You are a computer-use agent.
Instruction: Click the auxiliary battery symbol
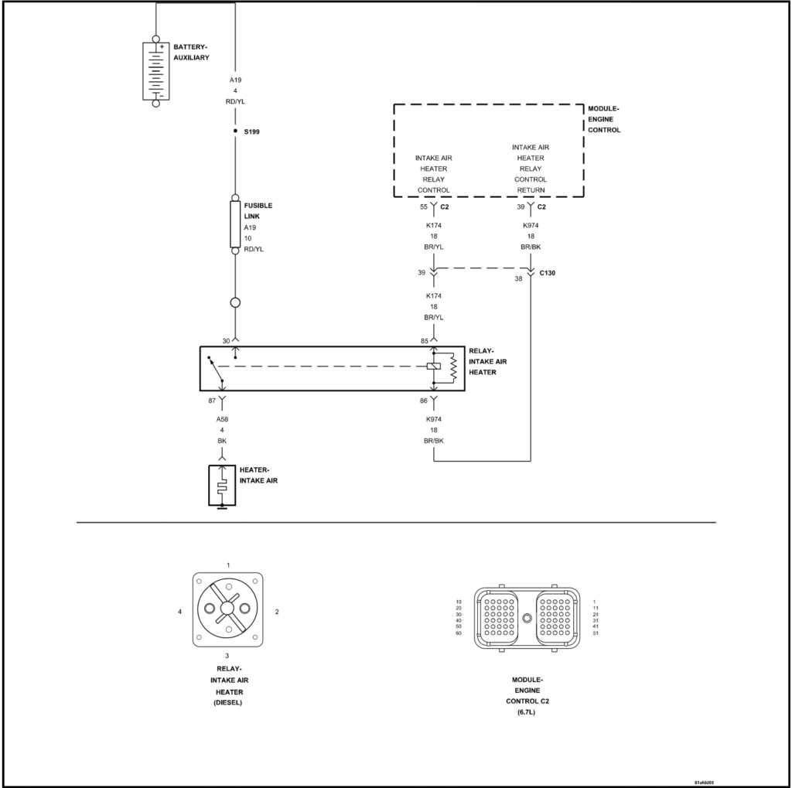pos(155,71)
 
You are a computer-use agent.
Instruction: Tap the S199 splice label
pos(251,132)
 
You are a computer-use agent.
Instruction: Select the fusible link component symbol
pos(234,224)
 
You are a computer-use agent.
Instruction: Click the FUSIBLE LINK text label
pos(258,211)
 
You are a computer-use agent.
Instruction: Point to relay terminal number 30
pos(226,340)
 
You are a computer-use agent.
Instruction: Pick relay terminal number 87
pos(212,401)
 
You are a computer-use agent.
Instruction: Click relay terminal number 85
pos(424,340)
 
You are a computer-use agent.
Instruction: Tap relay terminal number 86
pos(424,401)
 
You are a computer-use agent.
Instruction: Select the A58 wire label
pos(222,419)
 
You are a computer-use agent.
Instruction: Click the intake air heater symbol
pos(222,486)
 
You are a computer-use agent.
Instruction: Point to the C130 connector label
pos(548,273)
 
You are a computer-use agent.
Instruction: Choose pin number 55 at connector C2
pos(423,207)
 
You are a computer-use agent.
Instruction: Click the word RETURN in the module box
pos(531,190)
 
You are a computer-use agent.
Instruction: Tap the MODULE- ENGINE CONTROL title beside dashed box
pos(604,119)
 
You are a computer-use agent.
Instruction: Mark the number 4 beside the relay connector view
pos(179,612)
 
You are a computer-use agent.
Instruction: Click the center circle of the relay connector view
pos(227,609)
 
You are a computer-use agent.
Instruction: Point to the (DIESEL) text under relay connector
pos(227,703)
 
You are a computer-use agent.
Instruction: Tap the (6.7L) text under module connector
pos(527,712)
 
